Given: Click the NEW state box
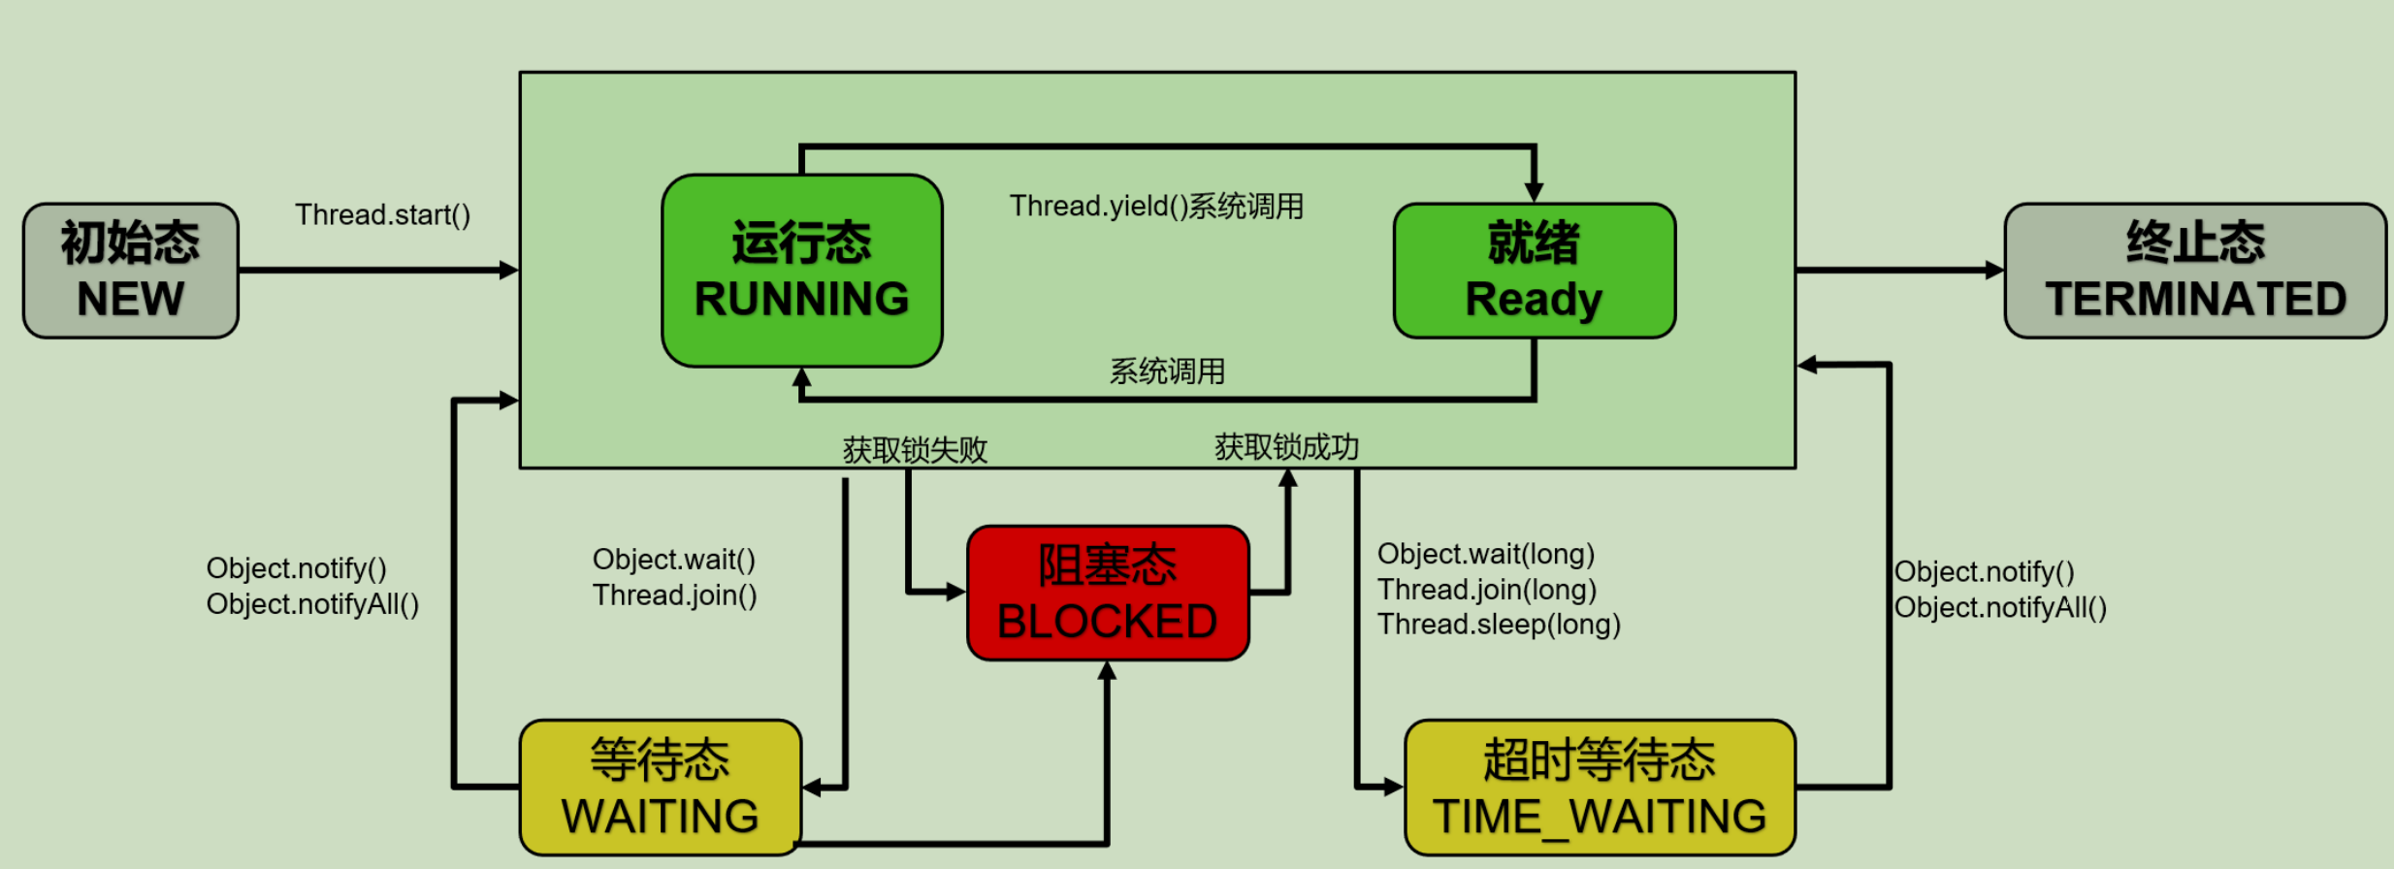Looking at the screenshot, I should point(131,271).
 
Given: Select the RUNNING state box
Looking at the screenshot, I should point(801,271).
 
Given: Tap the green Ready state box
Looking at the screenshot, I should point(1534,271).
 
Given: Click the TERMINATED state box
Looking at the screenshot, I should point(2194,271).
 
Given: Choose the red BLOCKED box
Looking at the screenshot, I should point(1108,594).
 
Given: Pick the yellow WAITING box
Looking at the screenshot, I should point(661,788).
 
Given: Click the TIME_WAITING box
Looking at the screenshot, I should point(1600,788).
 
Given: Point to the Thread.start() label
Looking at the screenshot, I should point(382,214).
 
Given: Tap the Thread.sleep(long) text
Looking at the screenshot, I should point(1499,625).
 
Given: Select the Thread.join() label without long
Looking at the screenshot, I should point(674,595).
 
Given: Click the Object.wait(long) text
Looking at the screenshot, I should point(1486,554).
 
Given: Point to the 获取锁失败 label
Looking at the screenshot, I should point(915,450).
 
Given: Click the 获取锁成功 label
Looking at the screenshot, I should point(1286,447).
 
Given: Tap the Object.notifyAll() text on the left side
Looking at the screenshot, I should point(312,604).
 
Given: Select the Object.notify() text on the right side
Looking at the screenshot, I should point(1984,571).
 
